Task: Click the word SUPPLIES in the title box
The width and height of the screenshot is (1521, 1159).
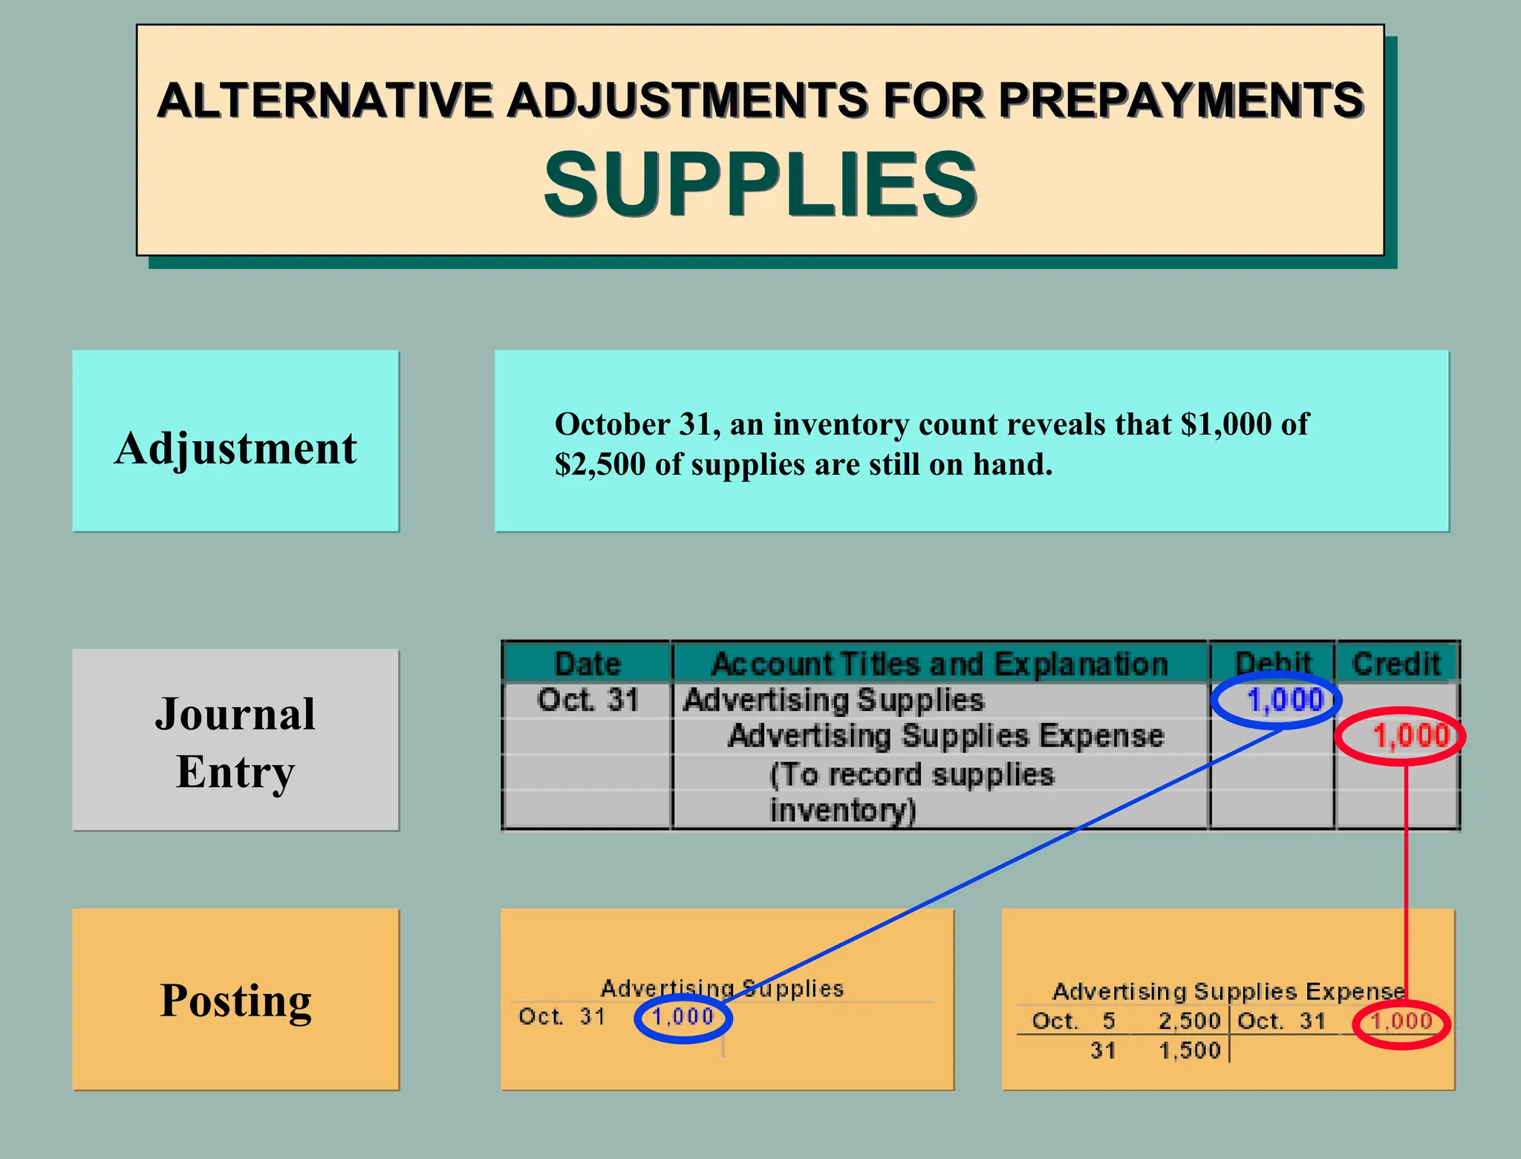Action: (760, 184)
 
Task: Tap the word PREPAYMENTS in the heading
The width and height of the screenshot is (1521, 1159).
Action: (1181, 100)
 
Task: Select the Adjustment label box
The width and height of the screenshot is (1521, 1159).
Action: (235, 441)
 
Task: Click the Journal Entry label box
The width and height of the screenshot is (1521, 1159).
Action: (235, 740)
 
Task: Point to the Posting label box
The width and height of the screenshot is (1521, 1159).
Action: (235, 1000)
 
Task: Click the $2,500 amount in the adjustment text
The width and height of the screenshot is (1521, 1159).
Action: (600, 464)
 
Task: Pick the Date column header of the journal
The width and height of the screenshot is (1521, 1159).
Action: (587, 663)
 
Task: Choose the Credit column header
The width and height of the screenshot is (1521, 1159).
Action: (1396, 663)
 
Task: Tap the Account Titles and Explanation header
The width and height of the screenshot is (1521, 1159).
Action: (939, 663)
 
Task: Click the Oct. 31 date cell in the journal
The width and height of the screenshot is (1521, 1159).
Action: (587, 700)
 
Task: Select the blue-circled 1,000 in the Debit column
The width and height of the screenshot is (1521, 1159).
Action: (1285, 700)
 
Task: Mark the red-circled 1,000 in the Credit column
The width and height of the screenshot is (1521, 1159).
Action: (1410, 736)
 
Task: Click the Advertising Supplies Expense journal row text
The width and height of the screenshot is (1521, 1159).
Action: (945, 736)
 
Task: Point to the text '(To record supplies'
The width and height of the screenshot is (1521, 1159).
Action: (911, 775)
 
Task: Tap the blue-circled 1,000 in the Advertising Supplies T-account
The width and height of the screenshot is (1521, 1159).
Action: (683, 1016)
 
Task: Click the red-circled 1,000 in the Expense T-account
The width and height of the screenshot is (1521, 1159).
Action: (1401, 1022)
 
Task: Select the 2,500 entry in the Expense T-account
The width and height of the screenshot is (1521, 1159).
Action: (1189, 1022)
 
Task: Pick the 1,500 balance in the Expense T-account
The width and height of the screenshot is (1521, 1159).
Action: (1189, 1051)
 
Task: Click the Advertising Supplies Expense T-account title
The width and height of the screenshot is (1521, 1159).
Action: (1228, 992)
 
